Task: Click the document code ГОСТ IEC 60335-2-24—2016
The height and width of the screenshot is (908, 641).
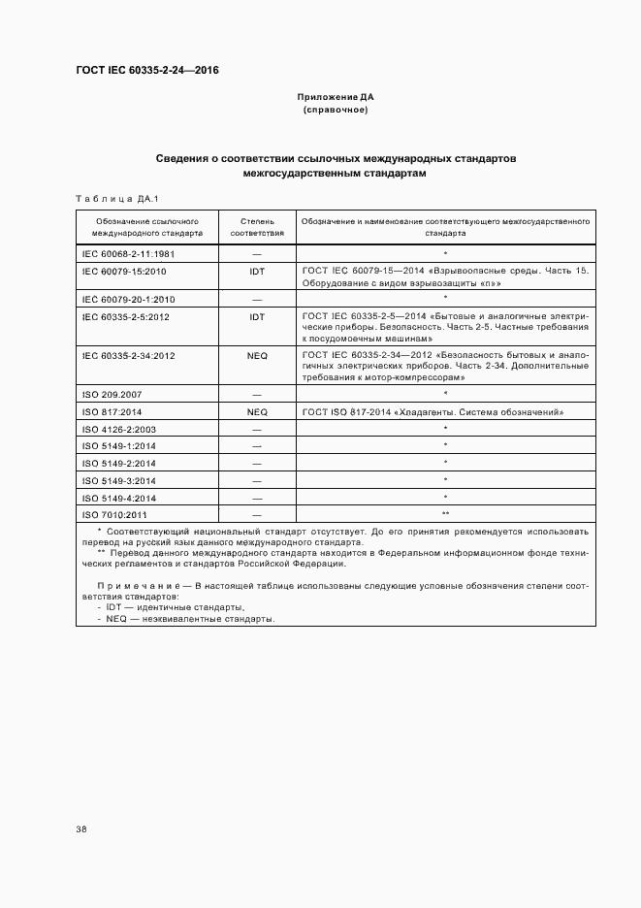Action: pyautogui.click(x=147, y=71)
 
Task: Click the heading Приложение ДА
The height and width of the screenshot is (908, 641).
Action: pyautogui.click(x=336, y=97)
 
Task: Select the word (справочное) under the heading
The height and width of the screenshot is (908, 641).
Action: pyautogui.click(x=336, y=111)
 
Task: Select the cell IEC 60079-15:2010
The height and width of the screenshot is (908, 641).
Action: pyautogui.click(x=124, y=272)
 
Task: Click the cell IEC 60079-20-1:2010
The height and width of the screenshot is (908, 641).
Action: pyautogui.click(x=128, y=299)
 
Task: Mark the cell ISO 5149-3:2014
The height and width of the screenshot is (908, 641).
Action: pyautogui.click(x=118, y=480)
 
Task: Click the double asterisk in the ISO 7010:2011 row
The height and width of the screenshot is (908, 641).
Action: pyautogui.click(x=445, y=514)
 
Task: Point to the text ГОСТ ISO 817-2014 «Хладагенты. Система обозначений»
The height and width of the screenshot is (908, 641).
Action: pyautogui.click(x=433, y=412)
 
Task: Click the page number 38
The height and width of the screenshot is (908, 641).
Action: pyautogui.click(x=81, y=829)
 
